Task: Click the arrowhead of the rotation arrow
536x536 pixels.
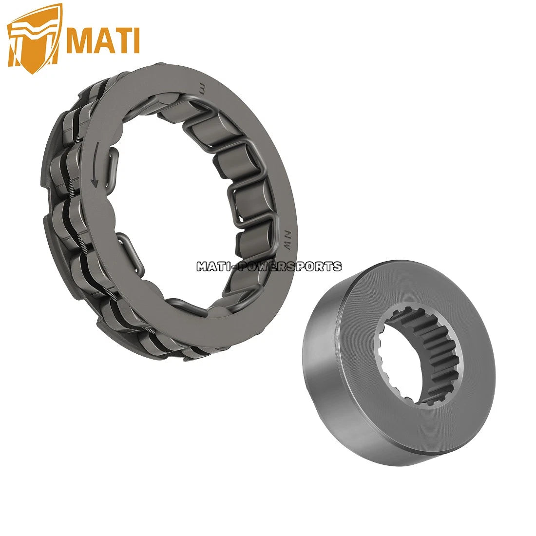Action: (95, 184)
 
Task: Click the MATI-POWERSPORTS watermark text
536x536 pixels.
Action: (268, 267)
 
